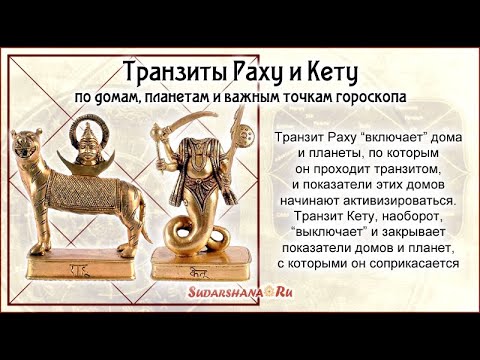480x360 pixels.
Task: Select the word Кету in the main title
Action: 329,73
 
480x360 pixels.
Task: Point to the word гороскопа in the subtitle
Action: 369,100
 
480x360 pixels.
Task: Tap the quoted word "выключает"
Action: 321,232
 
